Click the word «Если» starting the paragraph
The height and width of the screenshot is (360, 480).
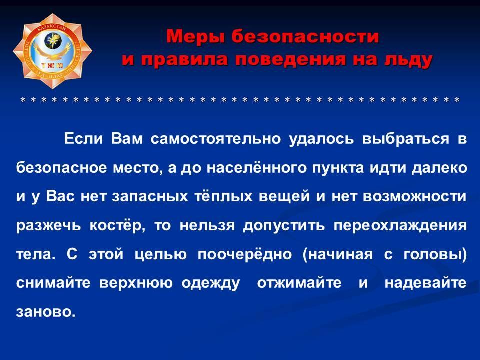pos(83,139)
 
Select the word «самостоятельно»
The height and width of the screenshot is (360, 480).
pos(216,139)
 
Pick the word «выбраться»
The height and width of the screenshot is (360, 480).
pos(406,139)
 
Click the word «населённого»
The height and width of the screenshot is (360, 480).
pos(256,168)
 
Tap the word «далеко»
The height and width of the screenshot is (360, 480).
pos(439,168)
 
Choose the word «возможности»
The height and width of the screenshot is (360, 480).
pos(415,196)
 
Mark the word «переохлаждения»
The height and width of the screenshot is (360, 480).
pos(400,226)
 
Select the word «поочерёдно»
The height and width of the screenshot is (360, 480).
pos(245,254)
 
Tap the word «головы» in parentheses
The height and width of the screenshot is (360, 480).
pos(433,254)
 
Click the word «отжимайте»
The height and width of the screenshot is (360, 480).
pos(299,283)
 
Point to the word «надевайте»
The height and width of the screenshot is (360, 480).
pos(426,283)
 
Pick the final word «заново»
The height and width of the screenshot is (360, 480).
pos(46,312)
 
